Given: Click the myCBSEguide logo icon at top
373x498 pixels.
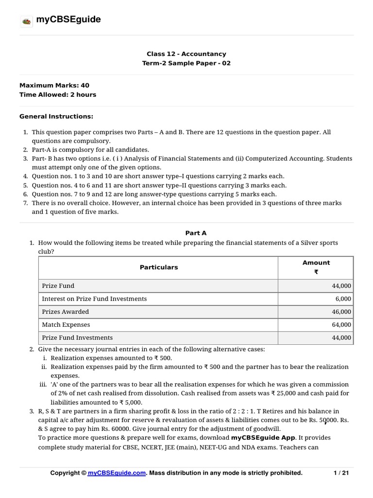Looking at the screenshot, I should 26,20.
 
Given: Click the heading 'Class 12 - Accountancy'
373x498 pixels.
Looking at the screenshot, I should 186,54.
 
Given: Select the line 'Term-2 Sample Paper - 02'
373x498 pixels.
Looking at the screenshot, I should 186,63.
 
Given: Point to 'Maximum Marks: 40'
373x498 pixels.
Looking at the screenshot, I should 54,85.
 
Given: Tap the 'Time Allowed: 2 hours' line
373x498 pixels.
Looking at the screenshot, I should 58,94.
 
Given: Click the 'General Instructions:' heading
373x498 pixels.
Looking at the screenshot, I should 56,117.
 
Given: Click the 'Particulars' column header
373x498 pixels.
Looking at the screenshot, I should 159,267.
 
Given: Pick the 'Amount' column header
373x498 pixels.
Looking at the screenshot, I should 316,263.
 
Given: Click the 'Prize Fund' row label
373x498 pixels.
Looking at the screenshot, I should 58,285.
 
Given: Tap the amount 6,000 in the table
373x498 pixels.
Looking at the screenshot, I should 342,299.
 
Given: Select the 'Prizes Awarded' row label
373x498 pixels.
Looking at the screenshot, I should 66,311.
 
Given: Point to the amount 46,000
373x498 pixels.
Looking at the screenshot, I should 340,312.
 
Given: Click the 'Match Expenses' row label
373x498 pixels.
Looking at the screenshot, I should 66,324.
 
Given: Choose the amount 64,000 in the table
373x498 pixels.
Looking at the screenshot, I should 340,325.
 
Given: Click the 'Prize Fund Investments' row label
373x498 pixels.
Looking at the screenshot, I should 77,338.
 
